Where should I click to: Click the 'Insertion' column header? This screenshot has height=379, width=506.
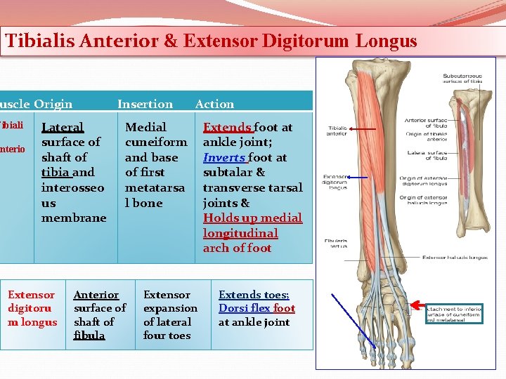pyautogui.click(x=145, y=104)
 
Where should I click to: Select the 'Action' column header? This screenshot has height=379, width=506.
pyautogui.click(x=214, y=104)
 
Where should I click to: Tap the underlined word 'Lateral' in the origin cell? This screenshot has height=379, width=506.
pyautogui.click(x=62, y=127)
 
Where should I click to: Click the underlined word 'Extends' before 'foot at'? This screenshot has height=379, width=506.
pyautogui.click(x=226, y=127)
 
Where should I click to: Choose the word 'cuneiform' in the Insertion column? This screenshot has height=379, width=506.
pyautogui.click(x=155, y=142)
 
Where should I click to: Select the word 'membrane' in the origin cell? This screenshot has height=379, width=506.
pyautogui.click(x=74, y=218)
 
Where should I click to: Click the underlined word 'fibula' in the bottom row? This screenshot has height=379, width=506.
pyautogui.click(x=89, y=335)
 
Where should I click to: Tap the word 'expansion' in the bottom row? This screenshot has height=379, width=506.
pyautogui.click(x=170, y=308)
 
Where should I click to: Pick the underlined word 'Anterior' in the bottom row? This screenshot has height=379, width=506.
pyautogui.click(x=96, y=295)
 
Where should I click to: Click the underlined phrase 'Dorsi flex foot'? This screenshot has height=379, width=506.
pyautogui.click(x=257, y=308)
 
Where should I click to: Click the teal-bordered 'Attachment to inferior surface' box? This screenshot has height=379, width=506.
pyautogui.click(x=455, y=312)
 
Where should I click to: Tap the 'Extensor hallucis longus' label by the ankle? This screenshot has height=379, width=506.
pyautogui.click(x=455, y=258)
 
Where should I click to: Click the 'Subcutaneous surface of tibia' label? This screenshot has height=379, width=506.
pyautogui.click(x=462, y=79)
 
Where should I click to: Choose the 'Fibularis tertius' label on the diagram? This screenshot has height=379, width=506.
pyautogui.click(x=335, y=244)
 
